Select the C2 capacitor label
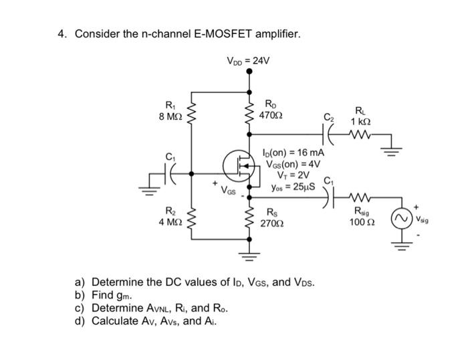[328, 119]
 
